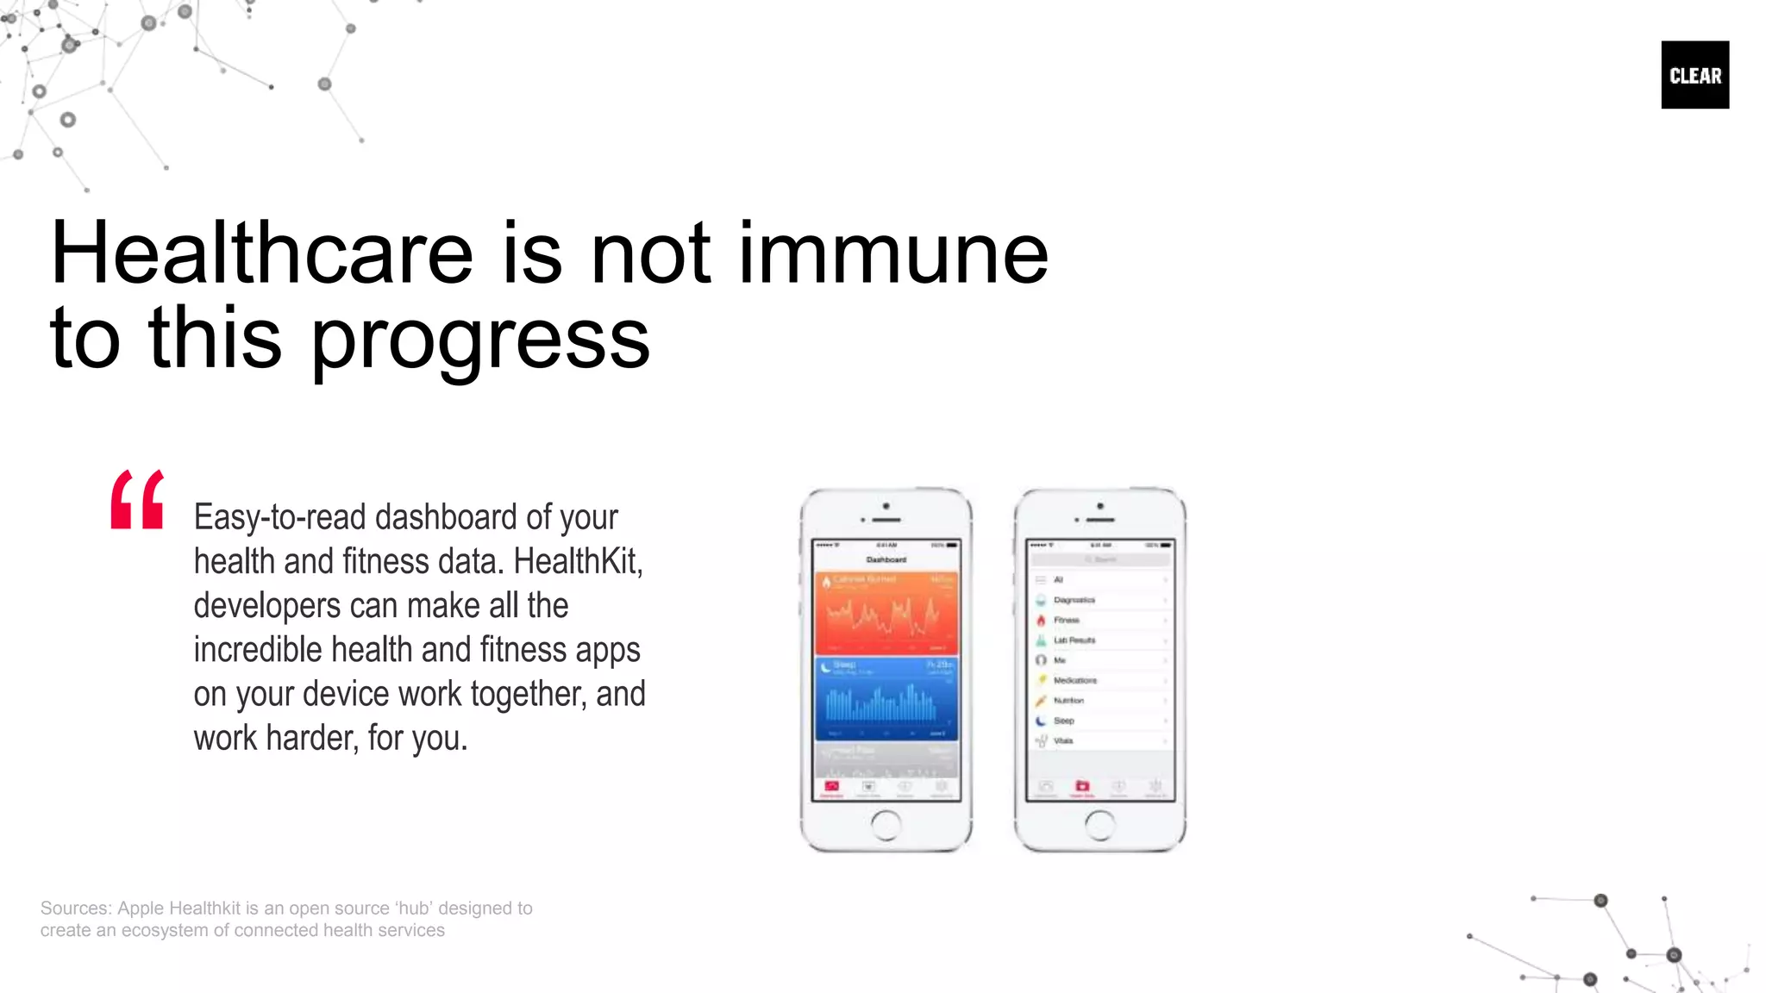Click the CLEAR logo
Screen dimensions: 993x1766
click(1694, 75)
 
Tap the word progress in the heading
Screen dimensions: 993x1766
click(479, 339)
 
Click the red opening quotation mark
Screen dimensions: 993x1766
click(137, 499)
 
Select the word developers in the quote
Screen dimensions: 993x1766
click(267, 605)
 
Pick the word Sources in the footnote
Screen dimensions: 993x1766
click(74, 908)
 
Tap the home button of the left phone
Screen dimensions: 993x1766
click(886, 825)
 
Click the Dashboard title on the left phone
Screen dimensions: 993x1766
click(886, 559)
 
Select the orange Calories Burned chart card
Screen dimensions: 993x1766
click(886, 612)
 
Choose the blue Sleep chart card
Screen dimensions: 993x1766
click(886, 698)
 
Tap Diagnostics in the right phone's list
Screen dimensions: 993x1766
click(1074, 600)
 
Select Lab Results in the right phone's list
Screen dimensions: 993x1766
click(1074, 640)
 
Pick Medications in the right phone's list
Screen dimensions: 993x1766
click(1075, 680)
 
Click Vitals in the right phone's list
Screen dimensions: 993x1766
click(1063, 740)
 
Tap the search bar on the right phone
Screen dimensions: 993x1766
click(1100, 559)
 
